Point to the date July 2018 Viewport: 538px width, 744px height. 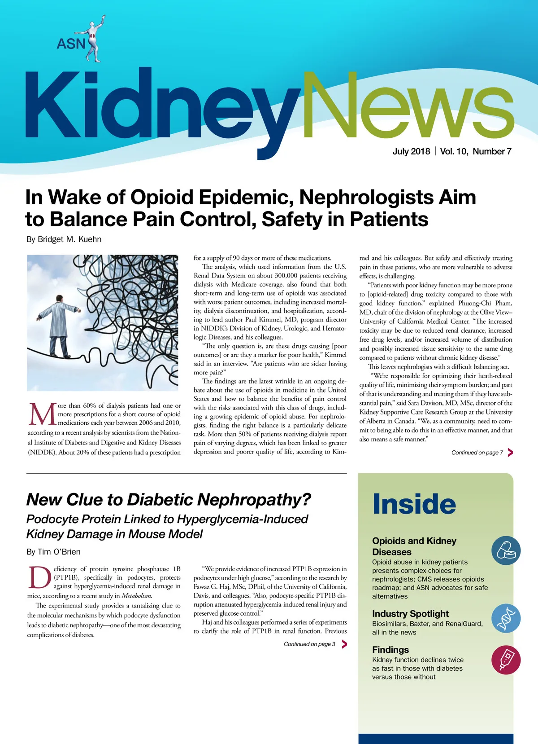(411, 151)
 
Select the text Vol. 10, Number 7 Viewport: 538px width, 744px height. (476, 151)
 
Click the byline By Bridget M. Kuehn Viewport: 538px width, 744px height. (64, 239)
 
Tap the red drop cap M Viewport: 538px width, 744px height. (42, 414)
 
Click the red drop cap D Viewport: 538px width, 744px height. (40, 577)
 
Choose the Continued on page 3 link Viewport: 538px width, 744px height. (309, 644)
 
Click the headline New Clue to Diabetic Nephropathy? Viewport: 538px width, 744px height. (169, 499)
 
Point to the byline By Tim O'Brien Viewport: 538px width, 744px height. (53, 552)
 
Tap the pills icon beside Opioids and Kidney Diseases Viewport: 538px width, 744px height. (506, 550)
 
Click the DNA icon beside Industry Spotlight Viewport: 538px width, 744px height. (506, 618)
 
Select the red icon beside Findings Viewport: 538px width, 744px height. (506, 660)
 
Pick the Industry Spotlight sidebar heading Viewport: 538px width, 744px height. (410, 614)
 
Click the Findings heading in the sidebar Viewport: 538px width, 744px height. (390, 650)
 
